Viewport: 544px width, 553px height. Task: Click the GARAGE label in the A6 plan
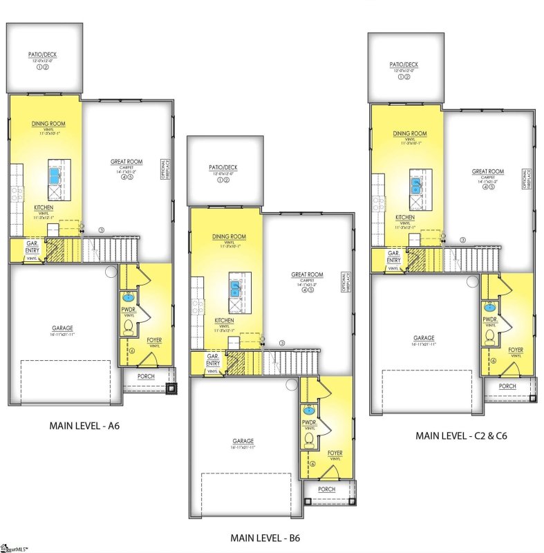click(62, 328)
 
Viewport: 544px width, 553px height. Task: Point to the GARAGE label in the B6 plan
click(243, 441)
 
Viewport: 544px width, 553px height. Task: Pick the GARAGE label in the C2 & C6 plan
click(424, 338)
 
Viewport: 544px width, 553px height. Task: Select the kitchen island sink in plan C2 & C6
click(416, 185)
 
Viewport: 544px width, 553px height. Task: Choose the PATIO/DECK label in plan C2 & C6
click(404, 65)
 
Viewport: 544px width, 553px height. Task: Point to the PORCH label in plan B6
click(327, 489)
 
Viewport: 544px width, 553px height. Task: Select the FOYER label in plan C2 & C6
click(516, 350)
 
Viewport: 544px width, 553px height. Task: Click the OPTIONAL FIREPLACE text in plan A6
click(166, 169)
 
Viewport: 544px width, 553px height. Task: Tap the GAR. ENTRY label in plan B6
click(213, 360)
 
